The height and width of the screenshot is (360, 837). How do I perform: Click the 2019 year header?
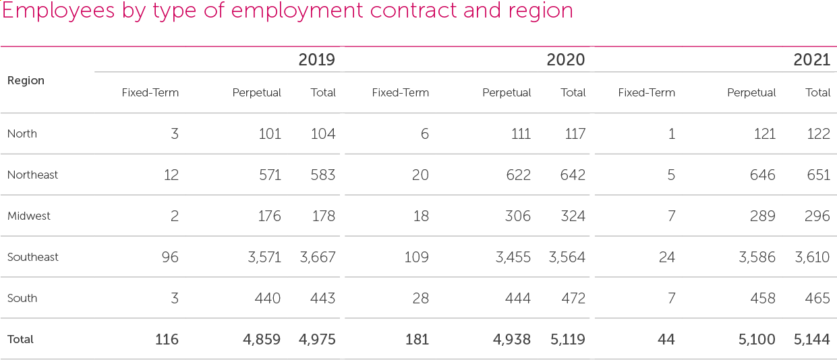316,60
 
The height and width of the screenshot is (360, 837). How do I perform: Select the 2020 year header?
565,60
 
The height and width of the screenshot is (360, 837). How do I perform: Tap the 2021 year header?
811,60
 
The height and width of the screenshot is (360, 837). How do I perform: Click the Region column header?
26,80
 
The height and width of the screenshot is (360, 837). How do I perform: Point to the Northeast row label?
32,175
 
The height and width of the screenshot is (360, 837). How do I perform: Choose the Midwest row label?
29,216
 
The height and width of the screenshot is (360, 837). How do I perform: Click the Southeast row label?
32,257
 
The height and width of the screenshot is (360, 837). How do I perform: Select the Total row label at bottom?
20,339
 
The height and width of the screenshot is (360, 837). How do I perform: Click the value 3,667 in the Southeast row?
317,257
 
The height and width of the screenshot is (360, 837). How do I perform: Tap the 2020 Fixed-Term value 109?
416,257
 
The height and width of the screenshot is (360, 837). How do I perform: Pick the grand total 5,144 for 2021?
811,339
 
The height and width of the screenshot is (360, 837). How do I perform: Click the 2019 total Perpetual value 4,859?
262,339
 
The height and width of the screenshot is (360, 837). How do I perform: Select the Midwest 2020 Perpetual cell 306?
517,216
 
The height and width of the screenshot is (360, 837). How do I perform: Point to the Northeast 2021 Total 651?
818,175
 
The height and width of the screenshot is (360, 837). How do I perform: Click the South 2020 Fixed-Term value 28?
420,298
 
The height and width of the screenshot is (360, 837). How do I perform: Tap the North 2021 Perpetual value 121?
763,133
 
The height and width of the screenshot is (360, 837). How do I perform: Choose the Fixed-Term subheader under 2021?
646,92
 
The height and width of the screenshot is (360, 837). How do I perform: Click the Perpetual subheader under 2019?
256,92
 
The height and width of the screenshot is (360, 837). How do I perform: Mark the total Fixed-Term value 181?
417,339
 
